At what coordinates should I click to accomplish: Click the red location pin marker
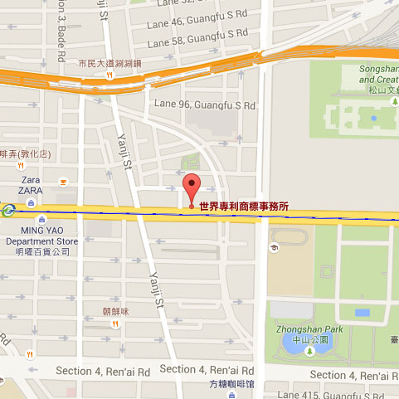point(192,187)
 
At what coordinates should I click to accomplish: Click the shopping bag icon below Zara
point(32,202)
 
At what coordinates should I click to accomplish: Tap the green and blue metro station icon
point(7,210)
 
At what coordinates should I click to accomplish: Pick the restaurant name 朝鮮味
point(117,311)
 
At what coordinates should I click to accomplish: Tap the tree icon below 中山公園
point(309,352)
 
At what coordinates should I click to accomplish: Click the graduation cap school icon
point(273,248)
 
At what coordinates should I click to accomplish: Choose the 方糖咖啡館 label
point(232,384)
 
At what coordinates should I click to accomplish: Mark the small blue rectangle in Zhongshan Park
point(363,313)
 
